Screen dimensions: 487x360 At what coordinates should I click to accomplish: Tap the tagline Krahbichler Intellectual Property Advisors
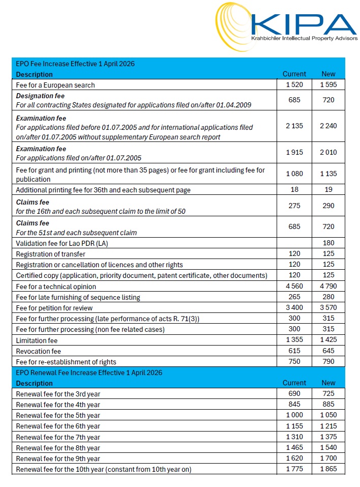point(304,39)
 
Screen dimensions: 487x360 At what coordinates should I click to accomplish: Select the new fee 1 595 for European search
point(328,85)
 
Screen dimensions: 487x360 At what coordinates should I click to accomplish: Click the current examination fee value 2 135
point(294,126)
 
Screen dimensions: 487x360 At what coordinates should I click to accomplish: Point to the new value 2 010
point(328,152)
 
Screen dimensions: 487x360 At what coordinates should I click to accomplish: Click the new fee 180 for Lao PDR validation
point(328,243)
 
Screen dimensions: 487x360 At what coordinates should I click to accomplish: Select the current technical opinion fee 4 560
point(294,286)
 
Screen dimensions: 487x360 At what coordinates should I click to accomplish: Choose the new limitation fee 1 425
point(328,340)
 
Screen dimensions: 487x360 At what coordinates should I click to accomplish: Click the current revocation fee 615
point(294,351)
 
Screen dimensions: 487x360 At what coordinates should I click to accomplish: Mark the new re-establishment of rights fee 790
point(328,362)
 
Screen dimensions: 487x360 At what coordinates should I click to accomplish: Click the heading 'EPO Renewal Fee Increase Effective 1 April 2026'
point(89,373)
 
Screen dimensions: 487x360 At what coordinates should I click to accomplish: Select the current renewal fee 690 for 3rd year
point(294,394)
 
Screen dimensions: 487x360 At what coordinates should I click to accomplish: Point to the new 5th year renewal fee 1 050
point(328,415)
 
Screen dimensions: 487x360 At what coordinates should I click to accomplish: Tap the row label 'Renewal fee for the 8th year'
point(58,448)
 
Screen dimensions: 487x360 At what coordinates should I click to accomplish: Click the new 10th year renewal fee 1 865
point(328,469)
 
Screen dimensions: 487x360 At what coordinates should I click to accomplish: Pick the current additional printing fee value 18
point(294,189)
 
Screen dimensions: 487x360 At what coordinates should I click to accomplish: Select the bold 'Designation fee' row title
point(40,96)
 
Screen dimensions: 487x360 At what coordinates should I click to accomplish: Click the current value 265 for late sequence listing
point(294,297)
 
